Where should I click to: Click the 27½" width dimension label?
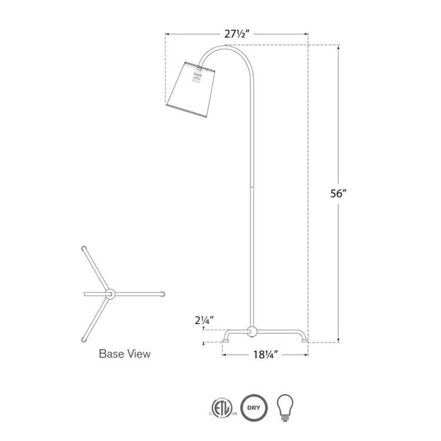point(238,34)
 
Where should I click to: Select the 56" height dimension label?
point(337,194)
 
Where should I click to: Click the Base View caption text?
point(124,354)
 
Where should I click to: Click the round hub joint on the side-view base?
point(252,332)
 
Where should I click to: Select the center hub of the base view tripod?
point(109,293)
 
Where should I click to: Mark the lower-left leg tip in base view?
point(83,340)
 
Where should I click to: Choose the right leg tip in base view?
point(162,293)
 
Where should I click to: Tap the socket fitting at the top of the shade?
point(199,69)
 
